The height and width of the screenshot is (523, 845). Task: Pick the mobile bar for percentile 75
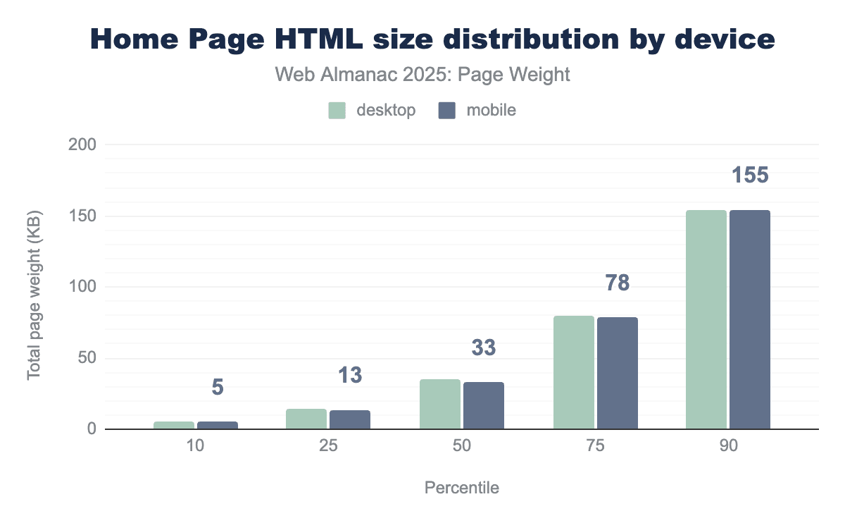[x=617, y=373]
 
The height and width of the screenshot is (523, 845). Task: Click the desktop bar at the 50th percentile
[x=439, y=404]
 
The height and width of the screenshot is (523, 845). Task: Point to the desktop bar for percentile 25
[x=306, y=419]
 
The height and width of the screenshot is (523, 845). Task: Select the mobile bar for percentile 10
[x=217, y=425]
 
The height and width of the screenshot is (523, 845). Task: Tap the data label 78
[x=617, y=283]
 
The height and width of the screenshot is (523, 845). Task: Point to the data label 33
[x=483, y=347]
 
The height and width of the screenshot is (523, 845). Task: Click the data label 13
[x=349, y=375]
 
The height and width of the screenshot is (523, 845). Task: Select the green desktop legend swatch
[x=337, y=111]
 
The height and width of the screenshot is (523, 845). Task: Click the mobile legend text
[x=490, y=111]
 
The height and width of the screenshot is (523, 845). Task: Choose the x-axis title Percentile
[x=461, y=488]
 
